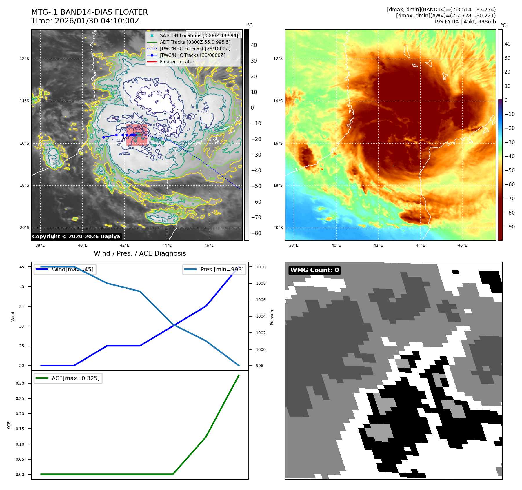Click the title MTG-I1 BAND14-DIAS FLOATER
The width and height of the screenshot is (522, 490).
[90, 12]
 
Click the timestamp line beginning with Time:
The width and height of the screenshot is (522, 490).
[86, 21]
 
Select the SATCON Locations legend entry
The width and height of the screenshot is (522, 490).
[199, 35]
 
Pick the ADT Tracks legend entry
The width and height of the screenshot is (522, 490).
[195, 42]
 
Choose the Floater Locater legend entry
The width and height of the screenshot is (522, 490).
[177, 62]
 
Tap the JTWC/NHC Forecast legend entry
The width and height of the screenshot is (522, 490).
[195, 48]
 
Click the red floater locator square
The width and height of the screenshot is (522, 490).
[137, 135]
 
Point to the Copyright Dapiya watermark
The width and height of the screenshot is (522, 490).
[76, 237]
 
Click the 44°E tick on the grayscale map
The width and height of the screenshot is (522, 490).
[167, 245]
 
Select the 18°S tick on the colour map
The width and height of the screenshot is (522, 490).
[278, 185]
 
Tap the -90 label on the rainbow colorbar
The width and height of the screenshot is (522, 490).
[510, 227]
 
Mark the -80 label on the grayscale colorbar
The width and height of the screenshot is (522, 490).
[256, 233]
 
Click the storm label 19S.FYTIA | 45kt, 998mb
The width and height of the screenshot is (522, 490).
[464, 22]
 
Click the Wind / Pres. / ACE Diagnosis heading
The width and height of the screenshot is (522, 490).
[140, 253]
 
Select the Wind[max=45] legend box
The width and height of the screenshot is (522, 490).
[65, 269]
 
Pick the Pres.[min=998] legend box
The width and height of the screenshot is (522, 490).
[214, 269]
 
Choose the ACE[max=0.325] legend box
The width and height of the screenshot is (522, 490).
[68, 378]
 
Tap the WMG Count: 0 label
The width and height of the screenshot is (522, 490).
[314, 270]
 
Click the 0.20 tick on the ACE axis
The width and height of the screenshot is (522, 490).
[20, 414]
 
